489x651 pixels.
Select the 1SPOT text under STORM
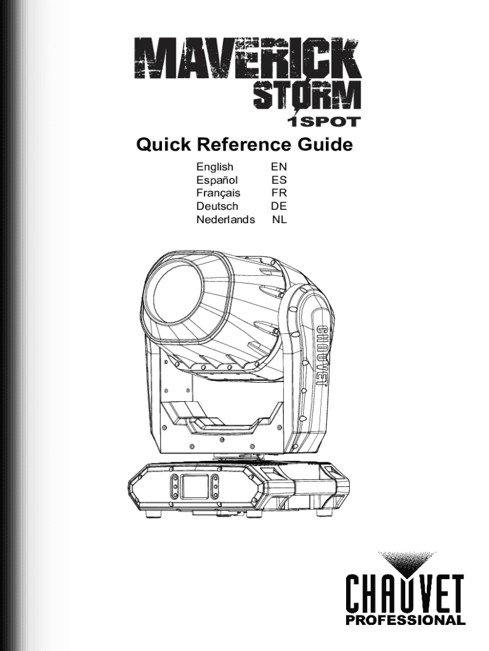coord(325,121)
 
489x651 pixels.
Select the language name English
coord(215,167)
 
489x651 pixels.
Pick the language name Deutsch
coord(217,207)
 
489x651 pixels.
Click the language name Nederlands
coord(225,220)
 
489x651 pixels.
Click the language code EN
coord(279,167)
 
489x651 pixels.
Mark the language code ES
coord(279,181)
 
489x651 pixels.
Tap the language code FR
coord(279,193)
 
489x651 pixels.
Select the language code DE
coord(279,207)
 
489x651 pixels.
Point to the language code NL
coord(279,220)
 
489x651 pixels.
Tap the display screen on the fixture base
coord(194,487)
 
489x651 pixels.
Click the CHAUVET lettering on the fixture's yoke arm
coord(322,355)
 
